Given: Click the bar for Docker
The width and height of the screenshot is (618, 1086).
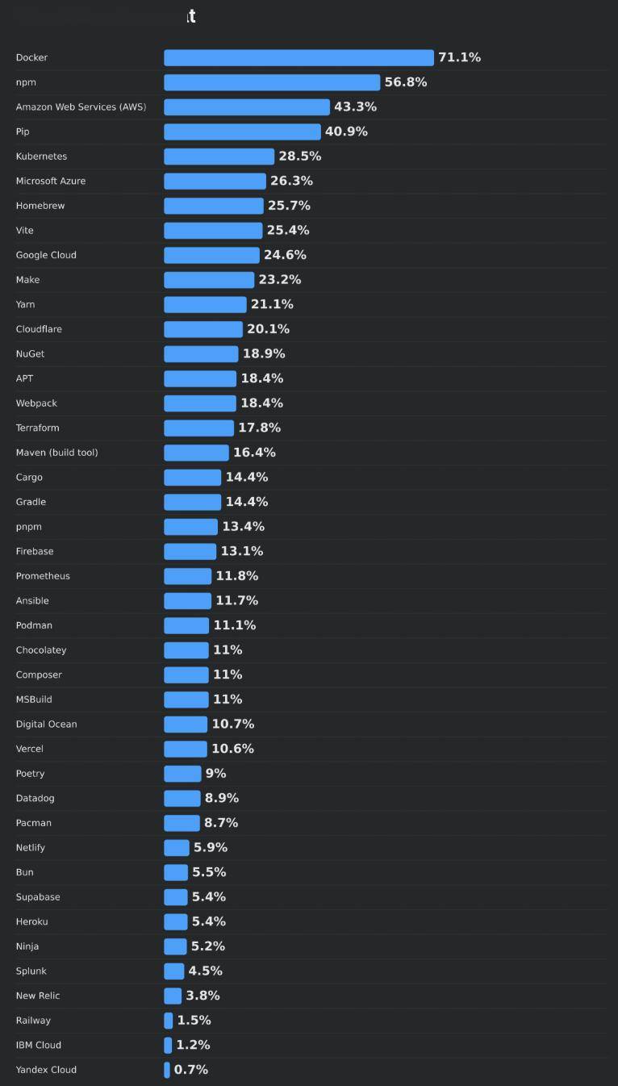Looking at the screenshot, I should click(x=299, y=57).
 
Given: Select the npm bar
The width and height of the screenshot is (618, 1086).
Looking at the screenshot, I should click(x=272, y=82).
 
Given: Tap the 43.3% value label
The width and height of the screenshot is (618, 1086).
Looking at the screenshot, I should click(x=355, y=107).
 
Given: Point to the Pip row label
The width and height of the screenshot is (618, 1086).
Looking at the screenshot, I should click(x=23, y=132).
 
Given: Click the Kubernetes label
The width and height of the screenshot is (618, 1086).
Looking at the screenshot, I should click(x=41, y=157).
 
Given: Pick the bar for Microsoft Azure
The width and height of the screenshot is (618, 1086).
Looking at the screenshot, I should click(x=215, y=181).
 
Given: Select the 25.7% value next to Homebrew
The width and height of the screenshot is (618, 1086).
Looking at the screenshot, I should click(x=289, y=206).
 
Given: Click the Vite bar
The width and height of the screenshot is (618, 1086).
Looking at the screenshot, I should click(x=213, y=230).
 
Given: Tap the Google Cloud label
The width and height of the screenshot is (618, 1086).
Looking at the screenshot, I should click(x=46, y=255).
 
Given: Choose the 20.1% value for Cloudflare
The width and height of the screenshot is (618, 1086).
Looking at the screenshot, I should click(x=268, y=329).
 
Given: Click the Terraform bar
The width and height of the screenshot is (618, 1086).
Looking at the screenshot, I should click(x=198, y=428).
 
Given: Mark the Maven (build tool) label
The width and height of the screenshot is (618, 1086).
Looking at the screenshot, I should click(x=56, y=453).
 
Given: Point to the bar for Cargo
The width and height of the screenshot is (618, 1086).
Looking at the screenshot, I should click(x=192, y=477).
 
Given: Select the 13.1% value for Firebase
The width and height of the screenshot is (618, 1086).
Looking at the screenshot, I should click(x=242, y=551).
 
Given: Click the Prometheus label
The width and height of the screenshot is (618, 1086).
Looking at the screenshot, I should click(x=43, y=576).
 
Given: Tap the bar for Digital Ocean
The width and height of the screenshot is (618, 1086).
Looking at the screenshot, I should click(x=186, y=724).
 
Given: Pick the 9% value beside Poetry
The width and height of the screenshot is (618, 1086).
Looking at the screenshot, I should click(x=215, y=773).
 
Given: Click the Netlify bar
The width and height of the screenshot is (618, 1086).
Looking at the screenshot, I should click(x=177, y=847).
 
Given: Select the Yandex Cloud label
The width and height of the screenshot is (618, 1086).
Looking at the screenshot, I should click(x=46, y=1070).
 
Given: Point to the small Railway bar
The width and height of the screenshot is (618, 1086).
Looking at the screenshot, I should click(x=169, y=1021).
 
